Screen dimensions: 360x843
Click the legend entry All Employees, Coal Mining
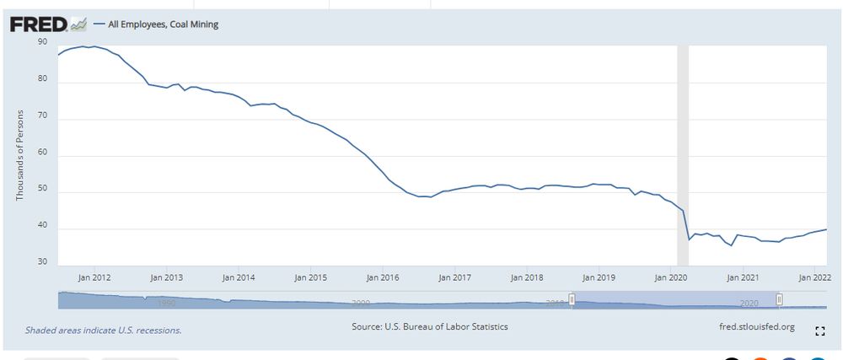[162, 24]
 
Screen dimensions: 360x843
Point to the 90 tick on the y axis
[42, 40]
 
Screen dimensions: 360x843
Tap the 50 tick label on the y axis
[42, 191]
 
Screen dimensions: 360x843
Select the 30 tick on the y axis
[42, 262]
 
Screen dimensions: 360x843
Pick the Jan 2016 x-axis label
[384, 277]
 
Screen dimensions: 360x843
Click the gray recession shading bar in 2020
[683, 152]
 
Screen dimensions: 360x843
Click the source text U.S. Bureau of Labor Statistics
[430, 326]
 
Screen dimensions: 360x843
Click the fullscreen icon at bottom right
[819, 331]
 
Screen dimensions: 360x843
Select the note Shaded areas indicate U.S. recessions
[103, 330]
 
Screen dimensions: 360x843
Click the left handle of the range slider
[572, 299]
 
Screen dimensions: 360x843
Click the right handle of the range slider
[780, 299]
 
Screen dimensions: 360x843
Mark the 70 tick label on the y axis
[42, 119]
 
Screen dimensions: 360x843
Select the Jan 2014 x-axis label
[239, 277]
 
